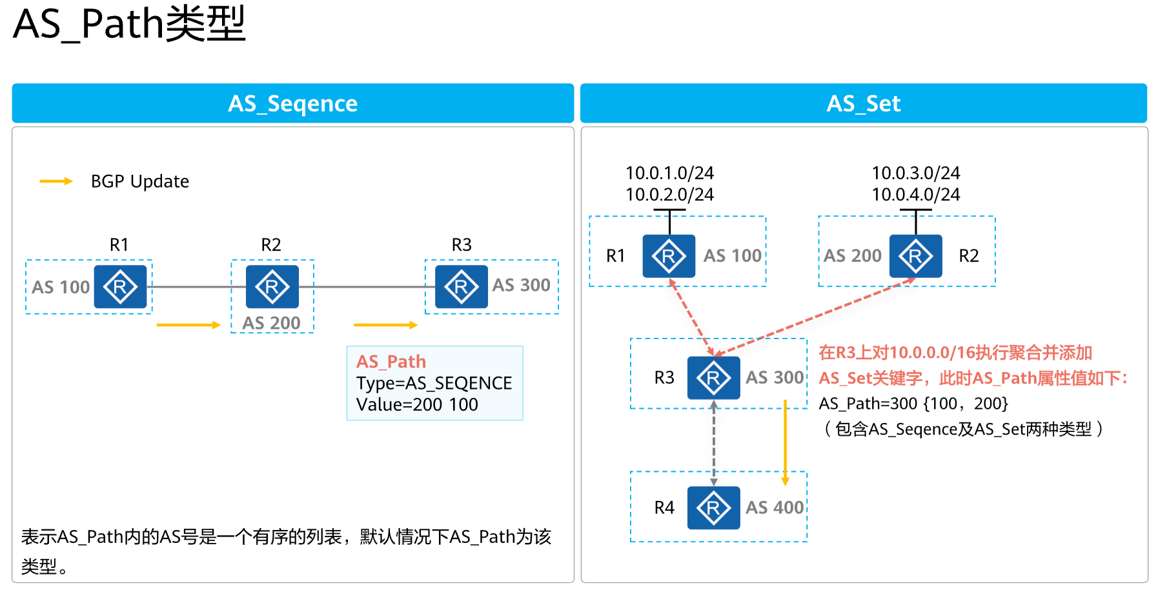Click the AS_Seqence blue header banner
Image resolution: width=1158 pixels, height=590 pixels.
coord(292,103)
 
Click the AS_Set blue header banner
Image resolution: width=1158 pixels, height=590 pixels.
coord(863,103)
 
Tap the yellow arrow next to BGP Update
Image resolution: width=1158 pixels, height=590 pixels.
coord(56,181)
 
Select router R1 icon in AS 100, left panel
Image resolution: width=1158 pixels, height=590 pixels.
coord(120,286)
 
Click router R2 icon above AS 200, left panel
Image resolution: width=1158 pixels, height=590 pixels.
coord(272,286)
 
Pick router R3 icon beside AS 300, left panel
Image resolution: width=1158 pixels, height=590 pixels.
coord(461,286)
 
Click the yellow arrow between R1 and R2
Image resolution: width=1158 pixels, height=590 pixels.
coord(188,325)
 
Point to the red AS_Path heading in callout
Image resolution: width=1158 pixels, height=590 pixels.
coord(391,361)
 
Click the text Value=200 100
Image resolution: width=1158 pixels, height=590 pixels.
coord(417,404)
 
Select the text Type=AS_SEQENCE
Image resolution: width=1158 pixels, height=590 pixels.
coord(434,383)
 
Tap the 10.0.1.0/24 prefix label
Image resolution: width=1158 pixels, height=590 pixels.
coord(669,173)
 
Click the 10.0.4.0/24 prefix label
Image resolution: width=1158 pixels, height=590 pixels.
coord(915,194)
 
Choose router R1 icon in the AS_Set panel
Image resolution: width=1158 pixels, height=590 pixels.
coord(669,256)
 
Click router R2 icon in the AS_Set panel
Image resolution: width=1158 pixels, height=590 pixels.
coord(915,256)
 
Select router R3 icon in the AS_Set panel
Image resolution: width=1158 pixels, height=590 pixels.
coord(713,378)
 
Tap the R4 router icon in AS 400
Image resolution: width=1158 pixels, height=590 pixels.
coord(713,508)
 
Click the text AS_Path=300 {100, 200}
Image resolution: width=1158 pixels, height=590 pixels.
coord(913,404)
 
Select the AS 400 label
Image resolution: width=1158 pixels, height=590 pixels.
coord(775,508)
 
